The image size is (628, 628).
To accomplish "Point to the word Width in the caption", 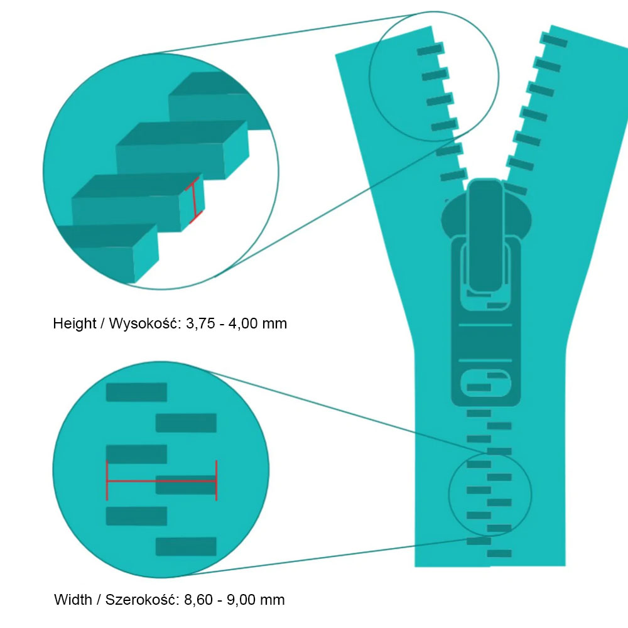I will (72, 600).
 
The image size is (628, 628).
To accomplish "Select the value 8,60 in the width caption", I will (198, 600).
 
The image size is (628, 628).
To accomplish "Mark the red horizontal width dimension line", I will (161, 481).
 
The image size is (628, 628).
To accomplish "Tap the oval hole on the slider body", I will (487, 384).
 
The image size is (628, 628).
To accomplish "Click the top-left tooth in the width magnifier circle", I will (136, 392).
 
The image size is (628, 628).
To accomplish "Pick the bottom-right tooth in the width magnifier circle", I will (186, 546).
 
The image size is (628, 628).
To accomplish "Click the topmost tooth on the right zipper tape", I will (555, 40).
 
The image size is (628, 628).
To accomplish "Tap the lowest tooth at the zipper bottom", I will (499, 553).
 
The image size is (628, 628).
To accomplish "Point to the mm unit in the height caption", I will (273, 324).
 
